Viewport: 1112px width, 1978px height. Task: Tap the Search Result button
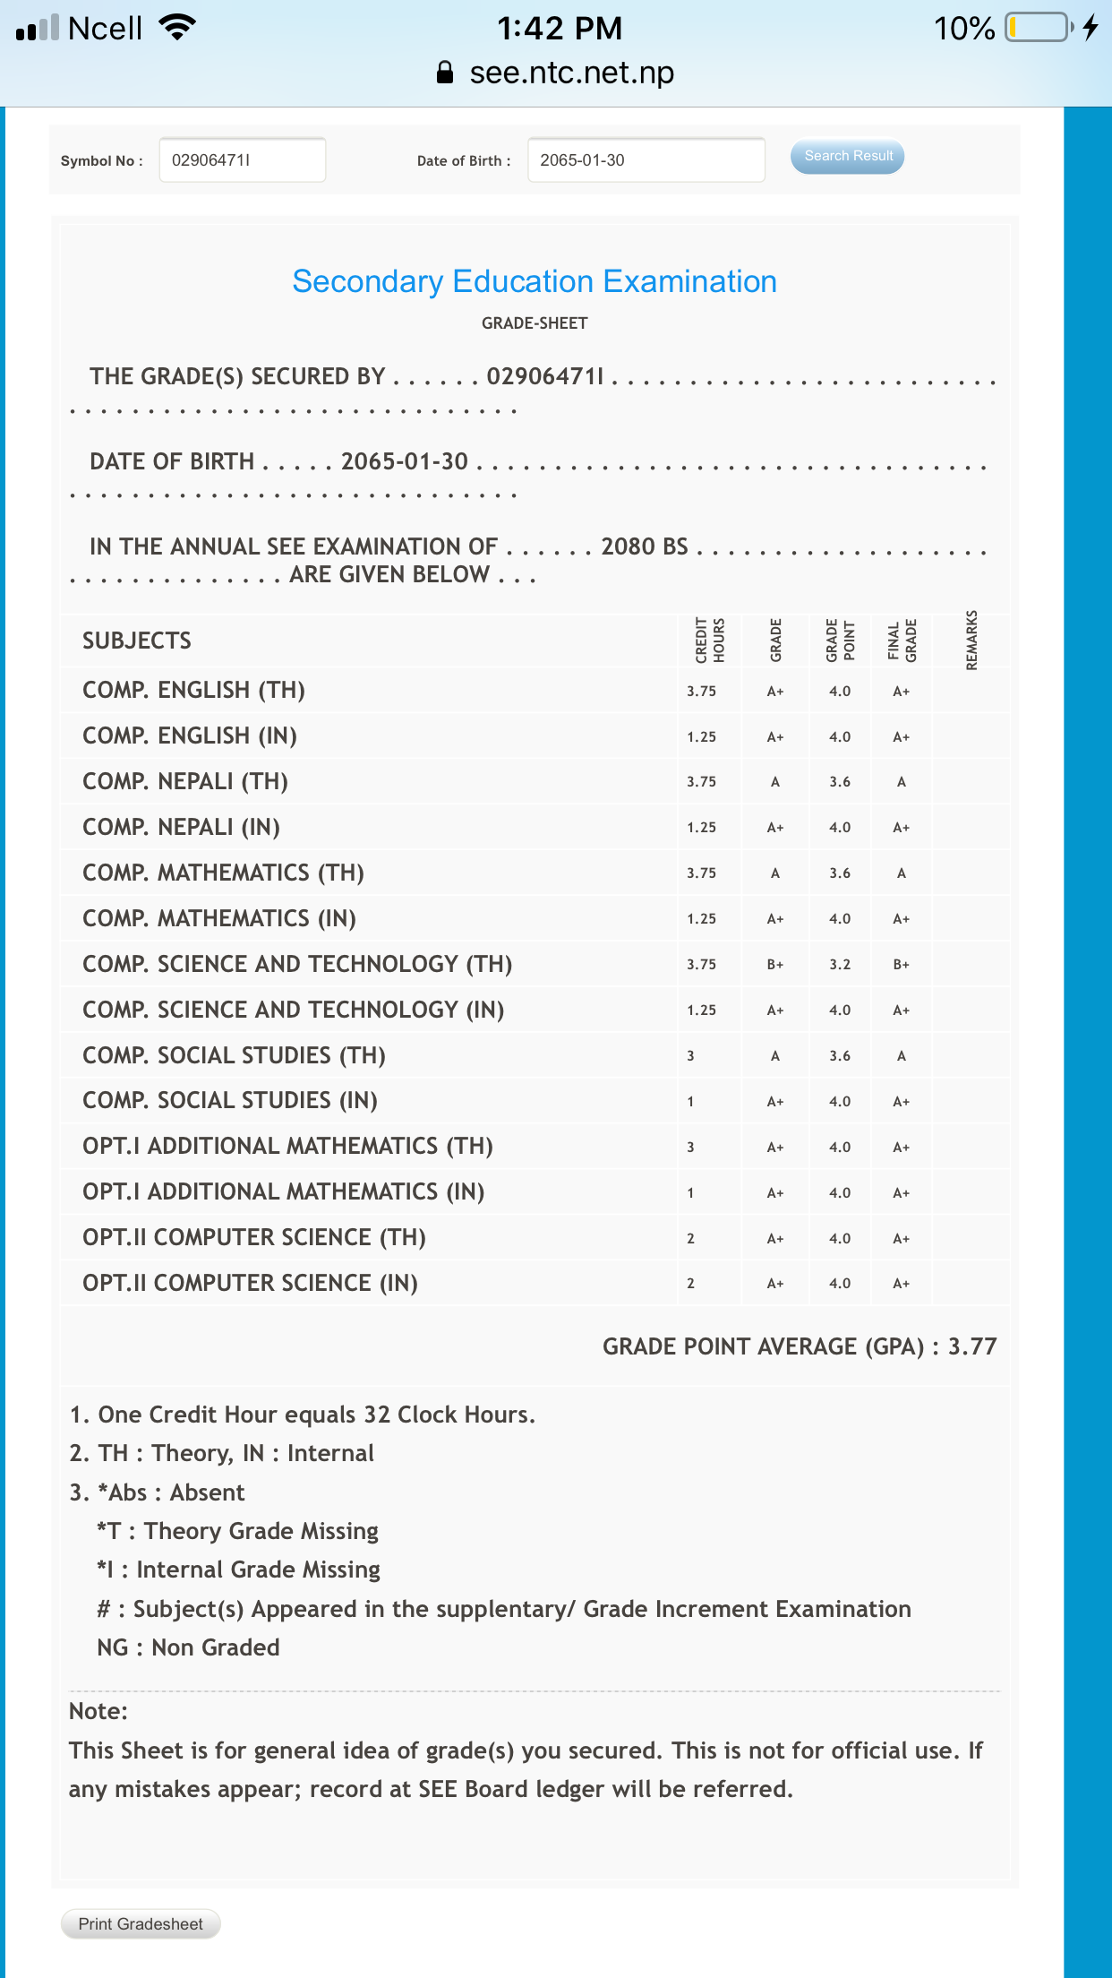click(x=847, y=156)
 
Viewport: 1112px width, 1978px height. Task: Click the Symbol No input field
click(x=242, y=160)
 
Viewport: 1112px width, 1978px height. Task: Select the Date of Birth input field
click(x=646, y=160)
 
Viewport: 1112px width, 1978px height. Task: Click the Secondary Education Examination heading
click(x=535, y=281)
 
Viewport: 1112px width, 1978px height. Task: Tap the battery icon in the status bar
click(x=1039, y=28)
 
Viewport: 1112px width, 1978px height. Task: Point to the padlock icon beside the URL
click(x=445, y=73)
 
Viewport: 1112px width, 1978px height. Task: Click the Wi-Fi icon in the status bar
click(x=177, y=28)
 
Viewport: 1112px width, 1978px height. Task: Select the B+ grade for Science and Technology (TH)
click(x=775, y=965)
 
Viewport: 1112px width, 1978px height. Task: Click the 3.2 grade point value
click(x=840, y=965)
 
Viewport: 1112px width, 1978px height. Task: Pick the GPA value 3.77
click(x=972, y=1346)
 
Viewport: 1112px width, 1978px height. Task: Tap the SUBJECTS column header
click(x=137, y=641)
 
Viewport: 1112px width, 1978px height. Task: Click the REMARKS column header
click(x=972, y=640)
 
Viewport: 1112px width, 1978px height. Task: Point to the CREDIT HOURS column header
click(x=710, y=640)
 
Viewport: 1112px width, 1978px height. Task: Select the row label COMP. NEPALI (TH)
click(x=185, y=781)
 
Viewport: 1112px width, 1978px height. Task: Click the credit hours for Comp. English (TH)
click(x=701, y=691)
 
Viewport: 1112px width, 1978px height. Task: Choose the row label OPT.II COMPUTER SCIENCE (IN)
click(x=250, y=1283)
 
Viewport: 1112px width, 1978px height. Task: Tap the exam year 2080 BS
click(x=645, y=546)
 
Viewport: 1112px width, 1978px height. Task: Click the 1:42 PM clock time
click(x=560, y=28)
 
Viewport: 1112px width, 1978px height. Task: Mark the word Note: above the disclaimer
click(x=98, y=1711)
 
